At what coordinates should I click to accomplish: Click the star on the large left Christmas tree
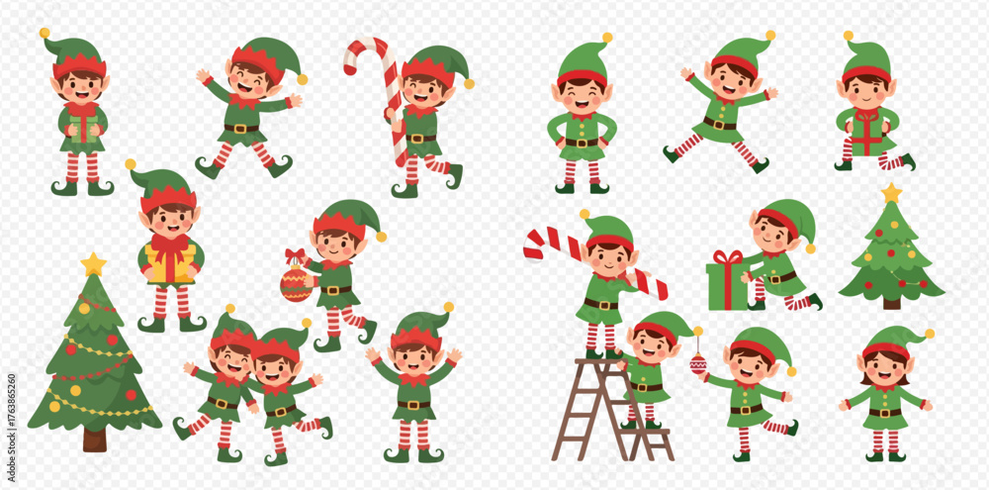[x=93, y=264]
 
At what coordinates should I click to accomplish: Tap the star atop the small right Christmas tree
[x=891, y=193]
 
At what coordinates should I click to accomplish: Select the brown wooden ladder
[x=610, y=410]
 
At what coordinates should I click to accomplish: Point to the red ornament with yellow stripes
[x=297, y=283]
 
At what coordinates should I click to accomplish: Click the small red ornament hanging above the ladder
[x=698, y=363]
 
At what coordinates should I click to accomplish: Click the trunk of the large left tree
[x=95, y=440]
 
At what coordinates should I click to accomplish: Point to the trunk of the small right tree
[x=891, y=303]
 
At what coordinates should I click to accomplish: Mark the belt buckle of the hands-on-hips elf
[x=581, y=143]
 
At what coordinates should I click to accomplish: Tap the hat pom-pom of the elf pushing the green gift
[x=810, y=248]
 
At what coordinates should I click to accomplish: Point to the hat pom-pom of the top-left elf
[x=45, y=34]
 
